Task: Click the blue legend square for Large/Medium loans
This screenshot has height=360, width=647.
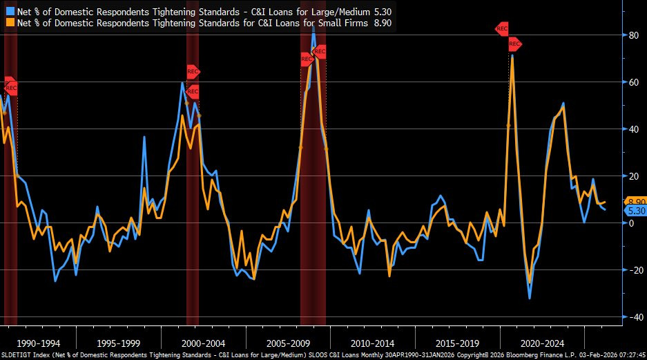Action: (10, 12)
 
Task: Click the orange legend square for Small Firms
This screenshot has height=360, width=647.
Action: (10, 22)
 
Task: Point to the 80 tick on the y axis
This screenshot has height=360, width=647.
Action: (633, 35)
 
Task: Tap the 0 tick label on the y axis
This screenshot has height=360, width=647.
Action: (631, 223)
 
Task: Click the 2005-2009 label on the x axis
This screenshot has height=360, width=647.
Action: (288, 343)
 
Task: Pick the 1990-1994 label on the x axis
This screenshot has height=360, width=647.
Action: (39, 343)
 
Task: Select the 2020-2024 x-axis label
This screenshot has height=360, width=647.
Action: (542, 343)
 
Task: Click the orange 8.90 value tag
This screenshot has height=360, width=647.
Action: (635, 202)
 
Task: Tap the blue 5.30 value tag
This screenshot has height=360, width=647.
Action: (635, 211)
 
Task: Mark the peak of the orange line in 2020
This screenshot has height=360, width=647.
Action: (512, 56)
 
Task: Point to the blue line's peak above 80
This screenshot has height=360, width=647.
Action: (313, 26)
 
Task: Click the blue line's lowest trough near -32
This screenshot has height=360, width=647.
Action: (530, 298)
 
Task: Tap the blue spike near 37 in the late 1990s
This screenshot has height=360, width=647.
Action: (144, 137)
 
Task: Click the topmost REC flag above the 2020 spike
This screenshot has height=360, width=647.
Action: (502, 29)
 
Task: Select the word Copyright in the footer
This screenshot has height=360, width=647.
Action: (472, 355)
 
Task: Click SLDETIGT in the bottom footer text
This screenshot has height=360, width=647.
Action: (14, 355)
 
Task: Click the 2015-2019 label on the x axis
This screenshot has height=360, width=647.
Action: (457, 343)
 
